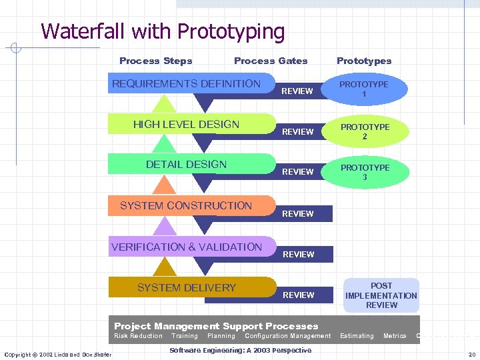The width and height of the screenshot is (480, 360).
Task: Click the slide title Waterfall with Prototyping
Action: coord(163,31)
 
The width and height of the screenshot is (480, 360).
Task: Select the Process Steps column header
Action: coord(155,61)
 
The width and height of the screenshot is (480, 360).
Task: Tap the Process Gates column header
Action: coord(271,61)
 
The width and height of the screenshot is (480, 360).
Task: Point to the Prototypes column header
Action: coord(364,61)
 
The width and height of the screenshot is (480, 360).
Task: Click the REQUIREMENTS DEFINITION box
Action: coord(186,84)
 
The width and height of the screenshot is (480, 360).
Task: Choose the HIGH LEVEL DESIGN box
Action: coord(186,125)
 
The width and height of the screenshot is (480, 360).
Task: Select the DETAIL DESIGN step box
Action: coord(186,165)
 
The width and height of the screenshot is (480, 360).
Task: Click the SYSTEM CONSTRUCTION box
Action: coord(186,206)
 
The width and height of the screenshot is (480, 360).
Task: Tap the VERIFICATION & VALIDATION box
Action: coord(187,247)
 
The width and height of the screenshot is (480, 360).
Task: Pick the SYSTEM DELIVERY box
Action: coord(187,288)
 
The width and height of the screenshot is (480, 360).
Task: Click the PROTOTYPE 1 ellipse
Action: coord(364,89)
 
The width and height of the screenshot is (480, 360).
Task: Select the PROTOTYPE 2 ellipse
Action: coord(365,131)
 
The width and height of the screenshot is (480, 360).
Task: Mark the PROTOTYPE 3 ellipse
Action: coord(365,172)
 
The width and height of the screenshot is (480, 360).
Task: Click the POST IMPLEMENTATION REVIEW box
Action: coord(381,295)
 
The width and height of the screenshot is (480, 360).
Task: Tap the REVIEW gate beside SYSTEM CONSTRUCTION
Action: coord(298,213)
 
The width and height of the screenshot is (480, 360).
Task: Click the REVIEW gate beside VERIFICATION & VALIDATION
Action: coord(298,254)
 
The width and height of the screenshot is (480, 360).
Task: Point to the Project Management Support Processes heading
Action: coord(216,326)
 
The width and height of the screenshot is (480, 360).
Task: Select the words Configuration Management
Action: coord(287,336)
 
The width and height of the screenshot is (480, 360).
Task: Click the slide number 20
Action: coord(471,354)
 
